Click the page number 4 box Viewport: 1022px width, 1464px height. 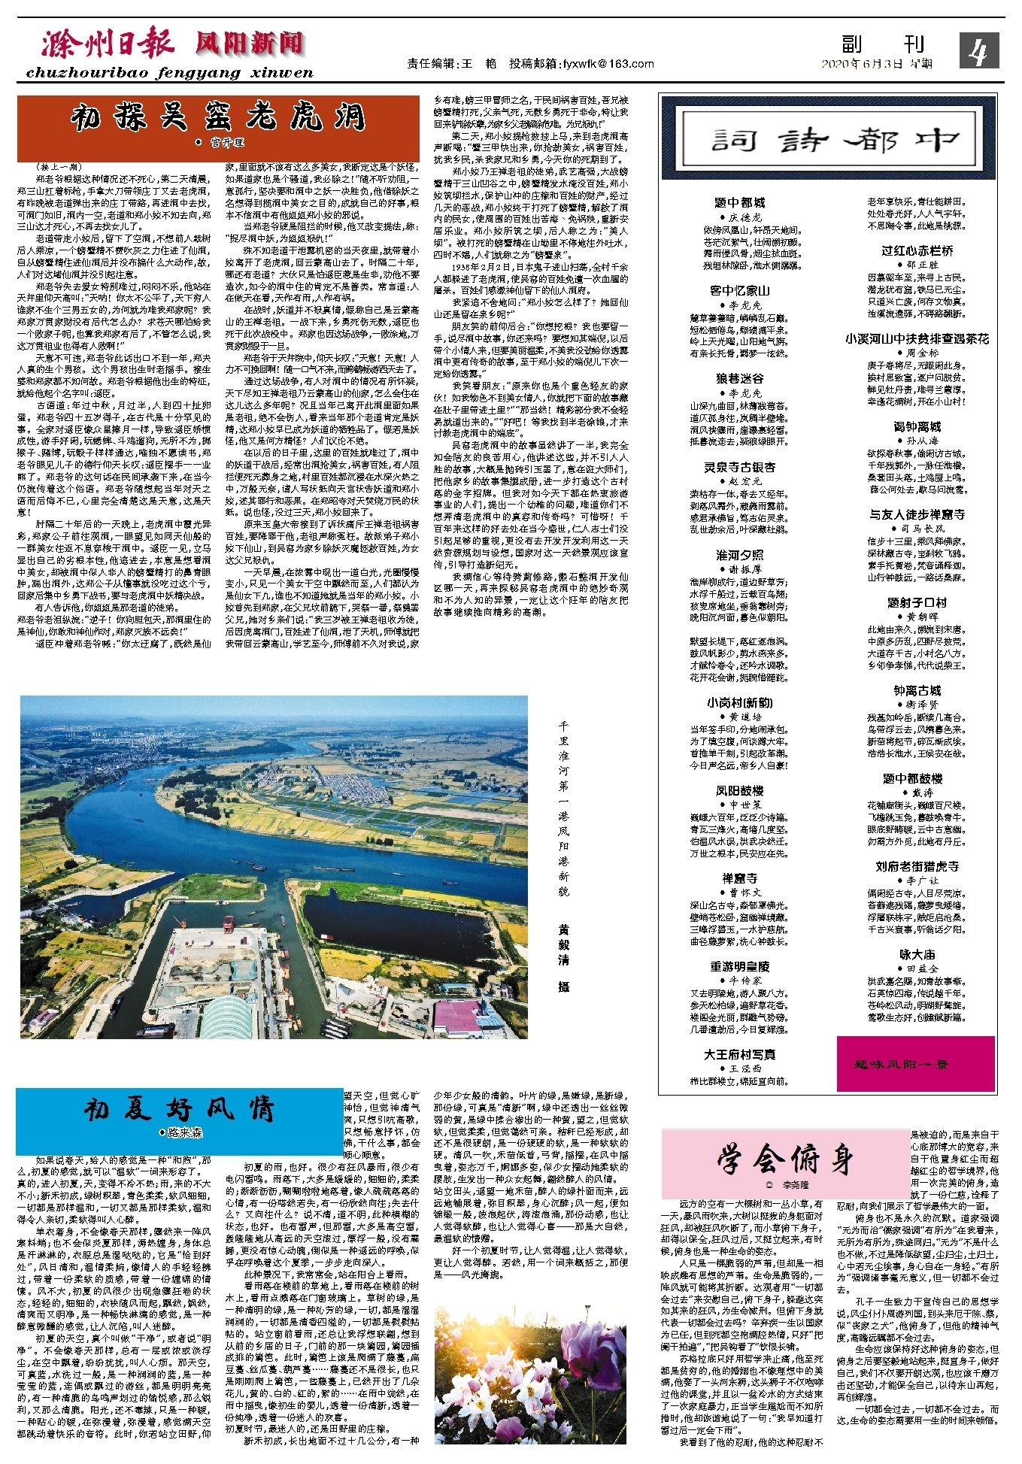978,51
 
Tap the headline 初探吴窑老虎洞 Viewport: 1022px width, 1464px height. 218,119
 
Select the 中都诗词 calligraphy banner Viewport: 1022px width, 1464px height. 826,140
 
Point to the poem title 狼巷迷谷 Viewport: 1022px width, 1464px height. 739,378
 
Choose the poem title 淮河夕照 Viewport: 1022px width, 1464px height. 739,555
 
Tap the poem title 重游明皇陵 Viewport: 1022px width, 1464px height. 739,966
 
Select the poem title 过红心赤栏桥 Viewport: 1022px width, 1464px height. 917,250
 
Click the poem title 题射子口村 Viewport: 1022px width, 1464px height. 917,602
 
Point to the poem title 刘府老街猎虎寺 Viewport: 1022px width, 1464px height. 917,866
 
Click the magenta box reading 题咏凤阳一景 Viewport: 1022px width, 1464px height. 915,1064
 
